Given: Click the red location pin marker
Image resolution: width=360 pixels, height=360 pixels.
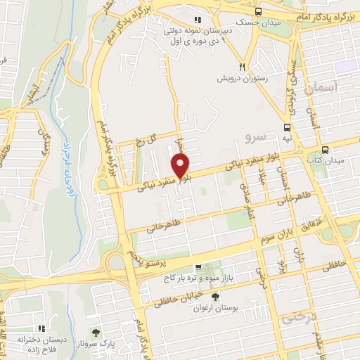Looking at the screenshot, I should (181, 166).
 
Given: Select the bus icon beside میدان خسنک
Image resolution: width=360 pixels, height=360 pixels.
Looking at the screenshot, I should (258, 11).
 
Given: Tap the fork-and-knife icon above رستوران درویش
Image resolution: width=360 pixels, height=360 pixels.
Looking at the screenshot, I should (243, 60).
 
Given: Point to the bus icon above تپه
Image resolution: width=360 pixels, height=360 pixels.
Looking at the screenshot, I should (287, 127).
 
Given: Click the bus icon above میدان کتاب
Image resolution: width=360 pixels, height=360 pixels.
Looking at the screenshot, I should (325, 150).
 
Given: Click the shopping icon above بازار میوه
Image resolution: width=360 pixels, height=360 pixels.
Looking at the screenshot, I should (199, 268).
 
